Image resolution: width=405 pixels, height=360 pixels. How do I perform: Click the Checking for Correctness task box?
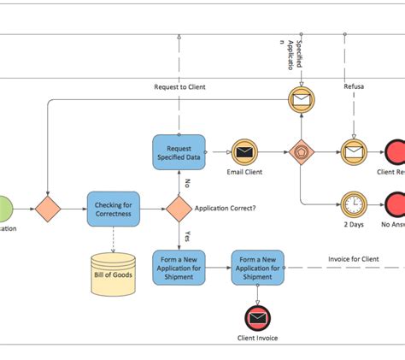(x=113, y=209)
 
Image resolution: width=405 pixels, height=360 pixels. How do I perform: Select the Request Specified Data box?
(x=179, y=151)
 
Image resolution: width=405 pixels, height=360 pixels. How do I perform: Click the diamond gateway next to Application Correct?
(x=179, y=208)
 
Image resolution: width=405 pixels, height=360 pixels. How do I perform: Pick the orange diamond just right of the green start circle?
(x=48, y=208)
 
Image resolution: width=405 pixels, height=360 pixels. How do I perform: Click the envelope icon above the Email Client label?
(x=245, y=152)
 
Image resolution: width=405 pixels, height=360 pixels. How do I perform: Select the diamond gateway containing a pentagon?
(x=301, y=152)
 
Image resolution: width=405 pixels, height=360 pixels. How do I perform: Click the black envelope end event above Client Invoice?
(x=257, y=318)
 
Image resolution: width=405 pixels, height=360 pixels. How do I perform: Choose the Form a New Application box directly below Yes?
(x=179, y=267)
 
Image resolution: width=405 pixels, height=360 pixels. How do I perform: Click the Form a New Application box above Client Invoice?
(x=257, y=267)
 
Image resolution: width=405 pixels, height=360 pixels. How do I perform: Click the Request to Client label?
(x=179, y=87)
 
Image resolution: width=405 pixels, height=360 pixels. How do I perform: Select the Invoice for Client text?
(x=353, y=259)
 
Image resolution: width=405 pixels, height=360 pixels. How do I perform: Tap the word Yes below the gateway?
(x=186, y=234)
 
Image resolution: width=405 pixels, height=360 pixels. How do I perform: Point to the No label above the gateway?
(x=185, y=182)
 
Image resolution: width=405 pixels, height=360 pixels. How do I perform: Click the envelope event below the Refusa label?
(x=353, y=152)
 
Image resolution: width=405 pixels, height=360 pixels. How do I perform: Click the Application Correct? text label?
(x=225, y=208)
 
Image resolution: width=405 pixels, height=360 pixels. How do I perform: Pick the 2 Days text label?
(x=353, y=225)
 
